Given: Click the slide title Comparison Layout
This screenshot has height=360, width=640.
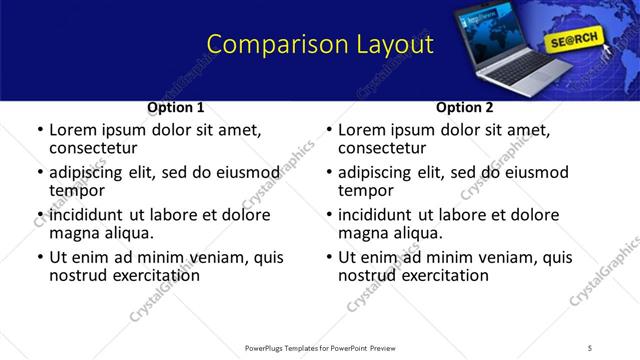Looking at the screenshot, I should (320, 45).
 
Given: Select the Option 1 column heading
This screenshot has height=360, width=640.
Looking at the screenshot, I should (176, 107).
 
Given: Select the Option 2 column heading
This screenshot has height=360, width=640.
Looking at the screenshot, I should (465, 107).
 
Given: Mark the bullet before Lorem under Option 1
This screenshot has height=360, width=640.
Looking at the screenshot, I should (39, 131).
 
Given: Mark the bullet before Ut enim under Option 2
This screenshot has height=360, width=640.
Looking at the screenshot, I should (328, 257).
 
